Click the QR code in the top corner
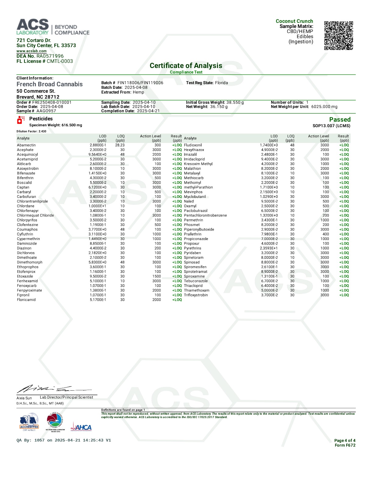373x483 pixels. point(338,35)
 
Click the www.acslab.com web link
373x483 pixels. point(31,51)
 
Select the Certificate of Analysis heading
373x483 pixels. point(186,66)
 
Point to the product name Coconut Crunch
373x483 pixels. point(294,21)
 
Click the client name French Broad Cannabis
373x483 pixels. point(49,84)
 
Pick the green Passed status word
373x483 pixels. point(340,120)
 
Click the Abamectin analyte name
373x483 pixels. point(26,145)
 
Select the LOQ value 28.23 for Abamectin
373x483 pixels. point(120,145)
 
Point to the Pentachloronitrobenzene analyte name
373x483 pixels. point(205,215)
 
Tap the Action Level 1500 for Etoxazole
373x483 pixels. point(157,276)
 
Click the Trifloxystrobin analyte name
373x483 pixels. point(196,295)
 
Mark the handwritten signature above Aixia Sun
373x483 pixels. point(52,389)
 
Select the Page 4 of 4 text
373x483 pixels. point(345,440)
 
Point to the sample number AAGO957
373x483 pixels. point(46,111)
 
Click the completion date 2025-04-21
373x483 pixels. point(148,111)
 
